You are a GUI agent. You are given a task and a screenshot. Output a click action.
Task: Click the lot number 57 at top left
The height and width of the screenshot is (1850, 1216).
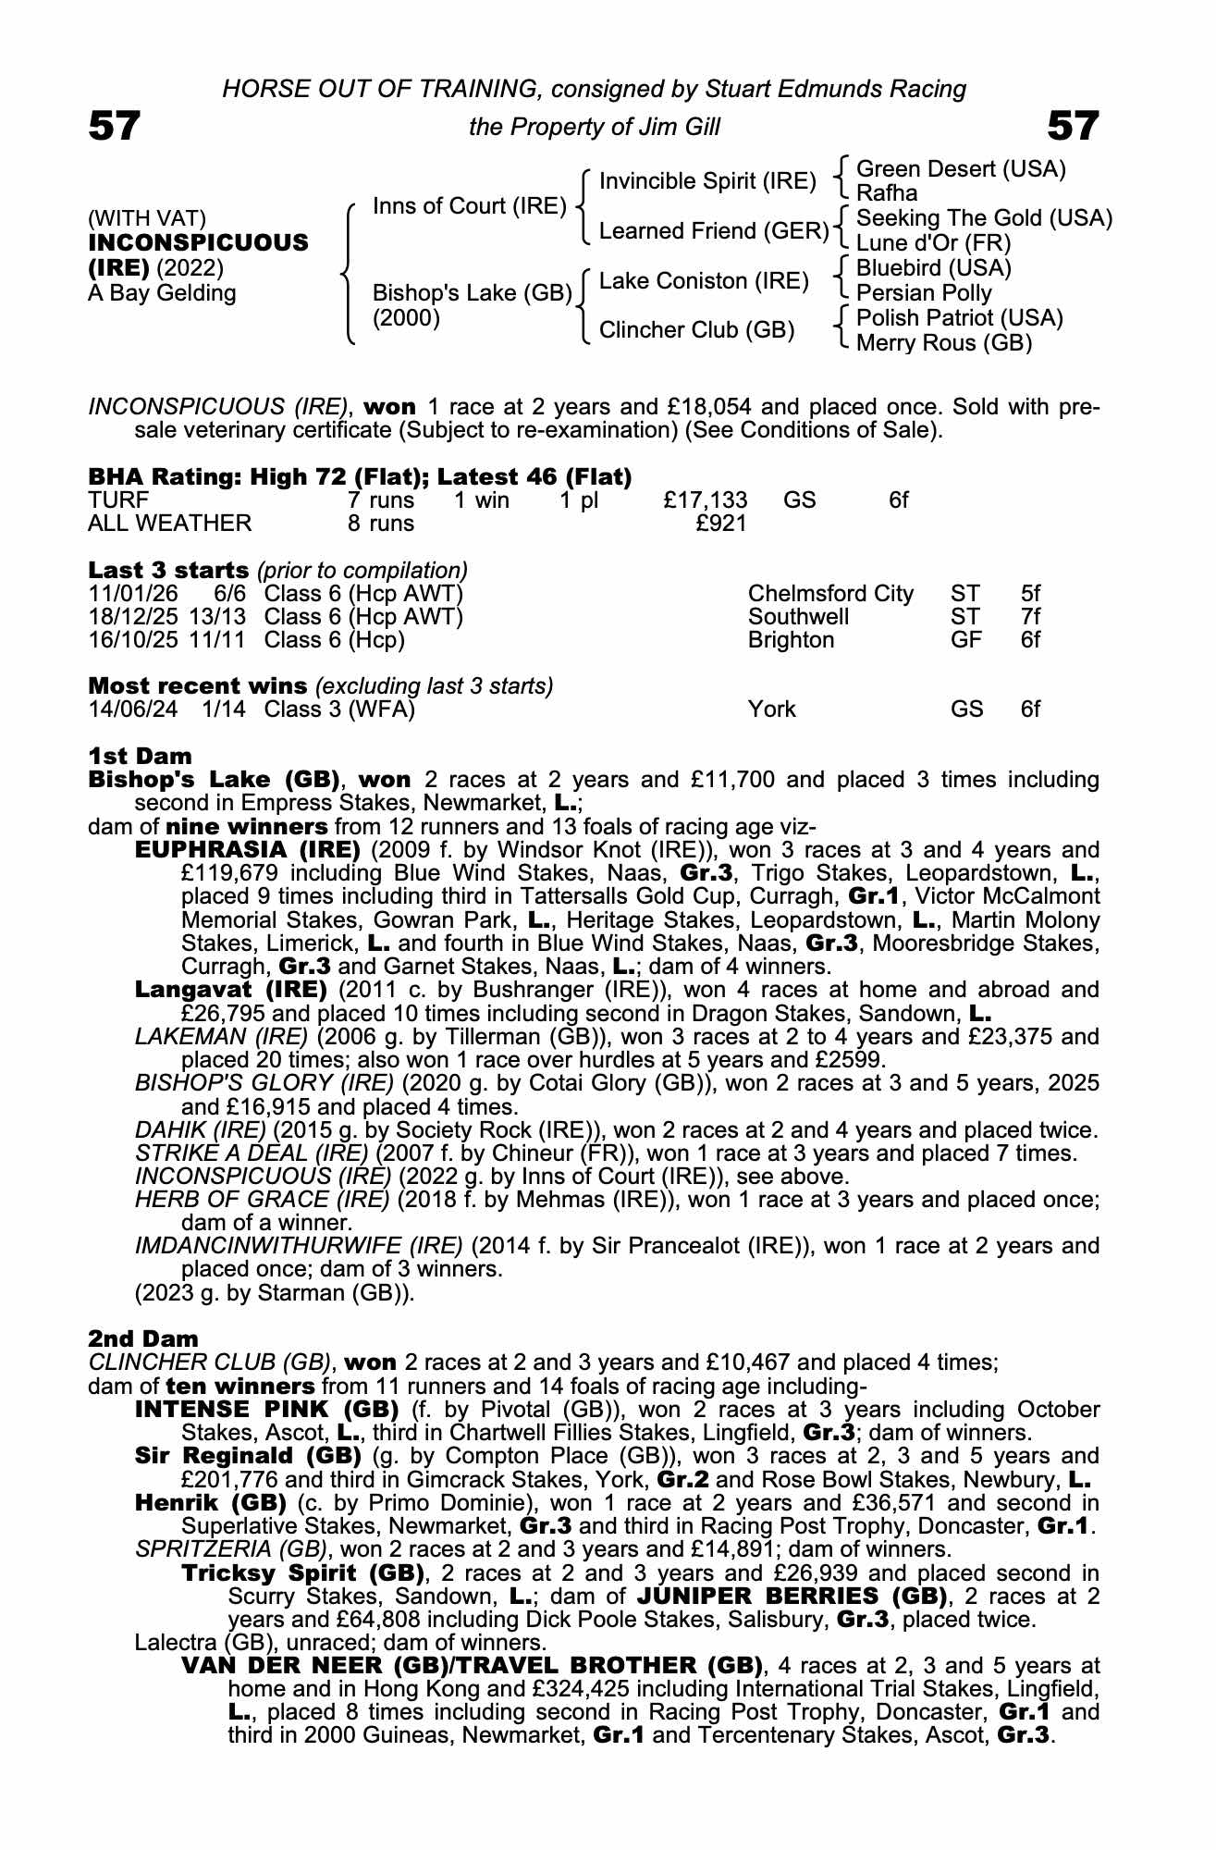(115, 127)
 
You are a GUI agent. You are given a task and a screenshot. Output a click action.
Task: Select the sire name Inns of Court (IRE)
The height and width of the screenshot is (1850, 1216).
(469, 205)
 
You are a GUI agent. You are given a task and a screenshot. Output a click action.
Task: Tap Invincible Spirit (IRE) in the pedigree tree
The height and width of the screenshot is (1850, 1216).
(707, 181)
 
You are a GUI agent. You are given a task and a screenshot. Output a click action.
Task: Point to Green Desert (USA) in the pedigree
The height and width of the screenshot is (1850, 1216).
(961, 169)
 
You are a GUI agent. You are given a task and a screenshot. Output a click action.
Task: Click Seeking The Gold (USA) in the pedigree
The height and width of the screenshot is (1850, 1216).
(984, 218)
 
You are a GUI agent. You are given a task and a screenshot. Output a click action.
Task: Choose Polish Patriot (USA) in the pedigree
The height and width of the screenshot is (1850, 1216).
(959, 318)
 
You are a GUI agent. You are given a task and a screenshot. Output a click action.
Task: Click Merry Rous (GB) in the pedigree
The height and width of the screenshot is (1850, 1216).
(943, 343)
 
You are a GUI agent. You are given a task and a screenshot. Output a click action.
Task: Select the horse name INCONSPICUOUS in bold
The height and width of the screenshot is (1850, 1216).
(198, 242)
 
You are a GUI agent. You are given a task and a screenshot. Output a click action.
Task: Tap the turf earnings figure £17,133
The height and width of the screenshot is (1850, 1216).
(705, 500)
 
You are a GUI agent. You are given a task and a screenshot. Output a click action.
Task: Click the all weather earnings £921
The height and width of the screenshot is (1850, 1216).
(721, 524)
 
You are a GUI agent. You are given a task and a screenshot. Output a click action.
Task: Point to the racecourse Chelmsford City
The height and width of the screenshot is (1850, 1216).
(829, 594)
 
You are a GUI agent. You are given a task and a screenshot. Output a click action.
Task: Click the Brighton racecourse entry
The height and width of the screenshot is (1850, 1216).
(791, 640)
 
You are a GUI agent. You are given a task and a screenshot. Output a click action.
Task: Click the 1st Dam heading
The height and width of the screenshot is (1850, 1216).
(140, 756)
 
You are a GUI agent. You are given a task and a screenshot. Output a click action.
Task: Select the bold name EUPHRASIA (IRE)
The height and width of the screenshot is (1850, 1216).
(247, 849)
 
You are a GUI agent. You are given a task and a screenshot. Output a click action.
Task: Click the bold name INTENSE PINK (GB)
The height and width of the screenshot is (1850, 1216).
(266, 1410)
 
